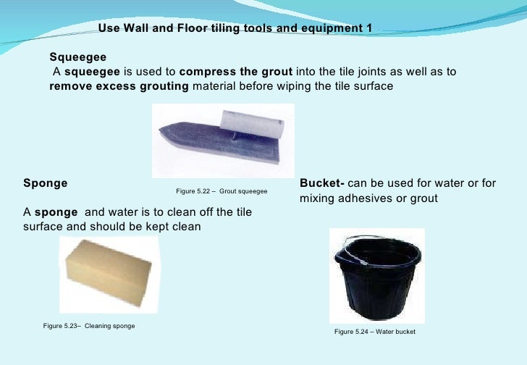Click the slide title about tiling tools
click(x=235, y=28)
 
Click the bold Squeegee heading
click(x=77, y=56)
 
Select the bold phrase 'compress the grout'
click(x=235, y=72)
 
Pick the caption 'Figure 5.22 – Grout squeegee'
click(x=222, y=191)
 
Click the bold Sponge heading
click(x=46, y=183)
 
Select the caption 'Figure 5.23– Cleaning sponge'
click(x=89, y=326)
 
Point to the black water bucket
click(x=376, y=286)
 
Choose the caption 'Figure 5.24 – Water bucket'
click(x=375, y=332)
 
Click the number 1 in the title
click(x=369, y=28)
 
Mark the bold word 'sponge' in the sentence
click(x=57, y=212)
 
